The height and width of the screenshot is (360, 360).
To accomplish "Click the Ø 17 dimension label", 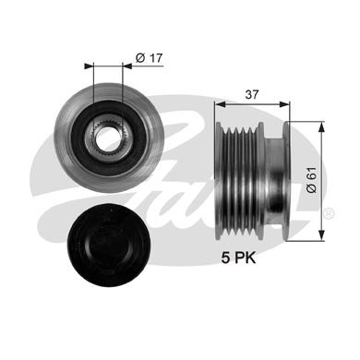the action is [x=149, y=58].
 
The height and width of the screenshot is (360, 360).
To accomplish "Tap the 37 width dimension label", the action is [x=252, y=94].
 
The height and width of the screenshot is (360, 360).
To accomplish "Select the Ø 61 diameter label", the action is [x=311, y=180].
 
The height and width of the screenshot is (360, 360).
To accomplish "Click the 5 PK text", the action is [x=238, y=258].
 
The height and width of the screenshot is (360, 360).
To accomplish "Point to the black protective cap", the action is [x=109, y=246].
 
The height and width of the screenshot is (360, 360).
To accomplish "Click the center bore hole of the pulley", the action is [x=104, y=138].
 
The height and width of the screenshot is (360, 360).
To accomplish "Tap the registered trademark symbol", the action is [x=329, y=213].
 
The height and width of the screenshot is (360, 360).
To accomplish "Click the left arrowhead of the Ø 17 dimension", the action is [x=89, y=66].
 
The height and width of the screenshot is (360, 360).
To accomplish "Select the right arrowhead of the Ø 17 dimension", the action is [x=126, y=66].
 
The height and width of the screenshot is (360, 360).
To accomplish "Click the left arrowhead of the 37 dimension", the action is [x=221, y=104].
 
